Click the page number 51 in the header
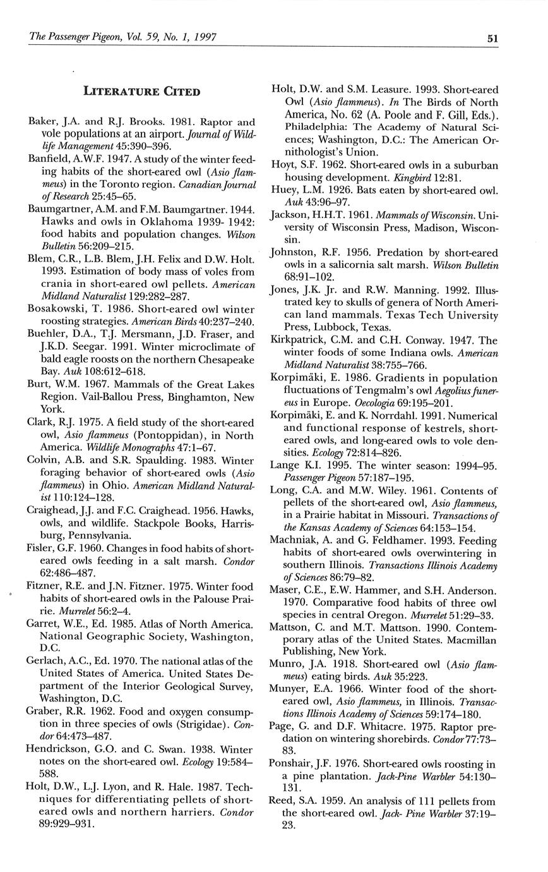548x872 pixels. click(492, 38)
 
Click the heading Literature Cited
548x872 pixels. click(142, 92)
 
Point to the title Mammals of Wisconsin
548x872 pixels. click(415, 215)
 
